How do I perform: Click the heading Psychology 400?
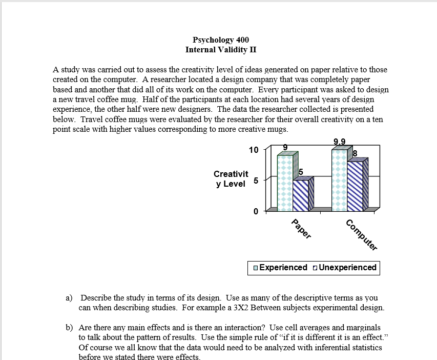click(221, 40)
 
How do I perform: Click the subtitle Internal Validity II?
click(221, 50)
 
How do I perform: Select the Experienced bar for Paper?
click(285, 182)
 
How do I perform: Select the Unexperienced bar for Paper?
click(301, 195)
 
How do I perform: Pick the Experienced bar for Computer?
click(339, 179)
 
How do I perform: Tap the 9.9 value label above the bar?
click(339, 142)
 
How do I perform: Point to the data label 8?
click(355, 153)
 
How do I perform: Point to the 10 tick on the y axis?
click(254, 150)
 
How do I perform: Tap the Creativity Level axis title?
click(231, 179)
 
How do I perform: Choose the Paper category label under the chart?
click(301, 229)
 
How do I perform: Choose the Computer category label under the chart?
click(361, 234)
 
